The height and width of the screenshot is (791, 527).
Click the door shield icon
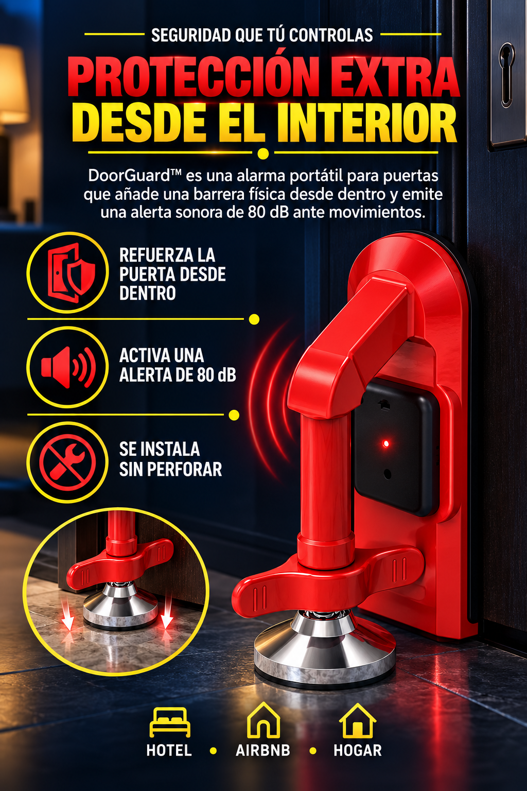[72, 272]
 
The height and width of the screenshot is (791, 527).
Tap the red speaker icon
[68, 367]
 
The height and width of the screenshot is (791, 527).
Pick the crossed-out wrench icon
[67, 462]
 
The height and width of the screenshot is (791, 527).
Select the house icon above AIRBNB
[263, 721]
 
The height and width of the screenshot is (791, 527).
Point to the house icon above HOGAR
[357, 721]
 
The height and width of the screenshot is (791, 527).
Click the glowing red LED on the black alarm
[386, 443]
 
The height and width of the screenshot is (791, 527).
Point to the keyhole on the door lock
[506, 75]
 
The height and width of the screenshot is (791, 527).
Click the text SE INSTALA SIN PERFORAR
[170, 459]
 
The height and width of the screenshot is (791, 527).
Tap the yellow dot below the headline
[263, 153]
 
